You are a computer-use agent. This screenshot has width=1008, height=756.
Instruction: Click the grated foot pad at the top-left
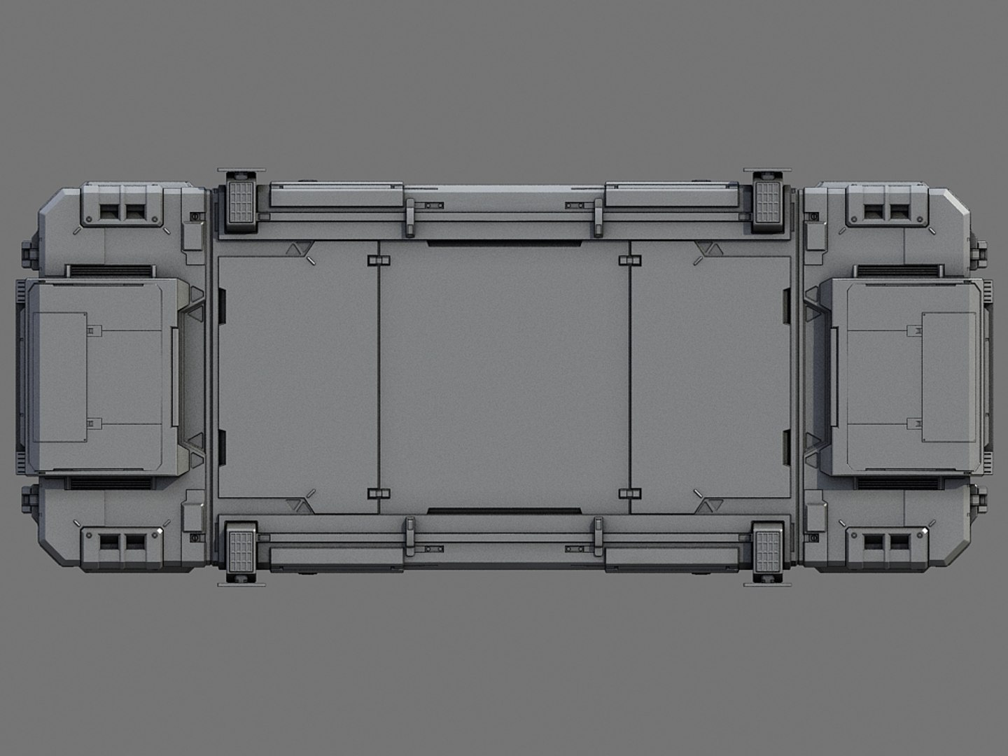[241, 202]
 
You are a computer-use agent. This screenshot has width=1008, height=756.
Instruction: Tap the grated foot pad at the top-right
[767, 202]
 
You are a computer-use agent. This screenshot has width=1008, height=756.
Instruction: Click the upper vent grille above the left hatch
[110, 270]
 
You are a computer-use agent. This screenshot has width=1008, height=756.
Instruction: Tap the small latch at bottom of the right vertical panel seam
[630, 493]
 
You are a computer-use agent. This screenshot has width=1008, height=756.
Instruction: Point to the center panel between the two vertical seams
[504, 378]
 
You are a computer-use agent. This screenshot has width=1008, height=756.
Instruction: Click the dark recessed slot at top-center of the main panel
[504, 243]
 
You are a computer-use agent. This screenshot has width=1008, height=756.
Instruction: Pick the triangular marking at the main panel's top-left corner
[297, 249]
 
